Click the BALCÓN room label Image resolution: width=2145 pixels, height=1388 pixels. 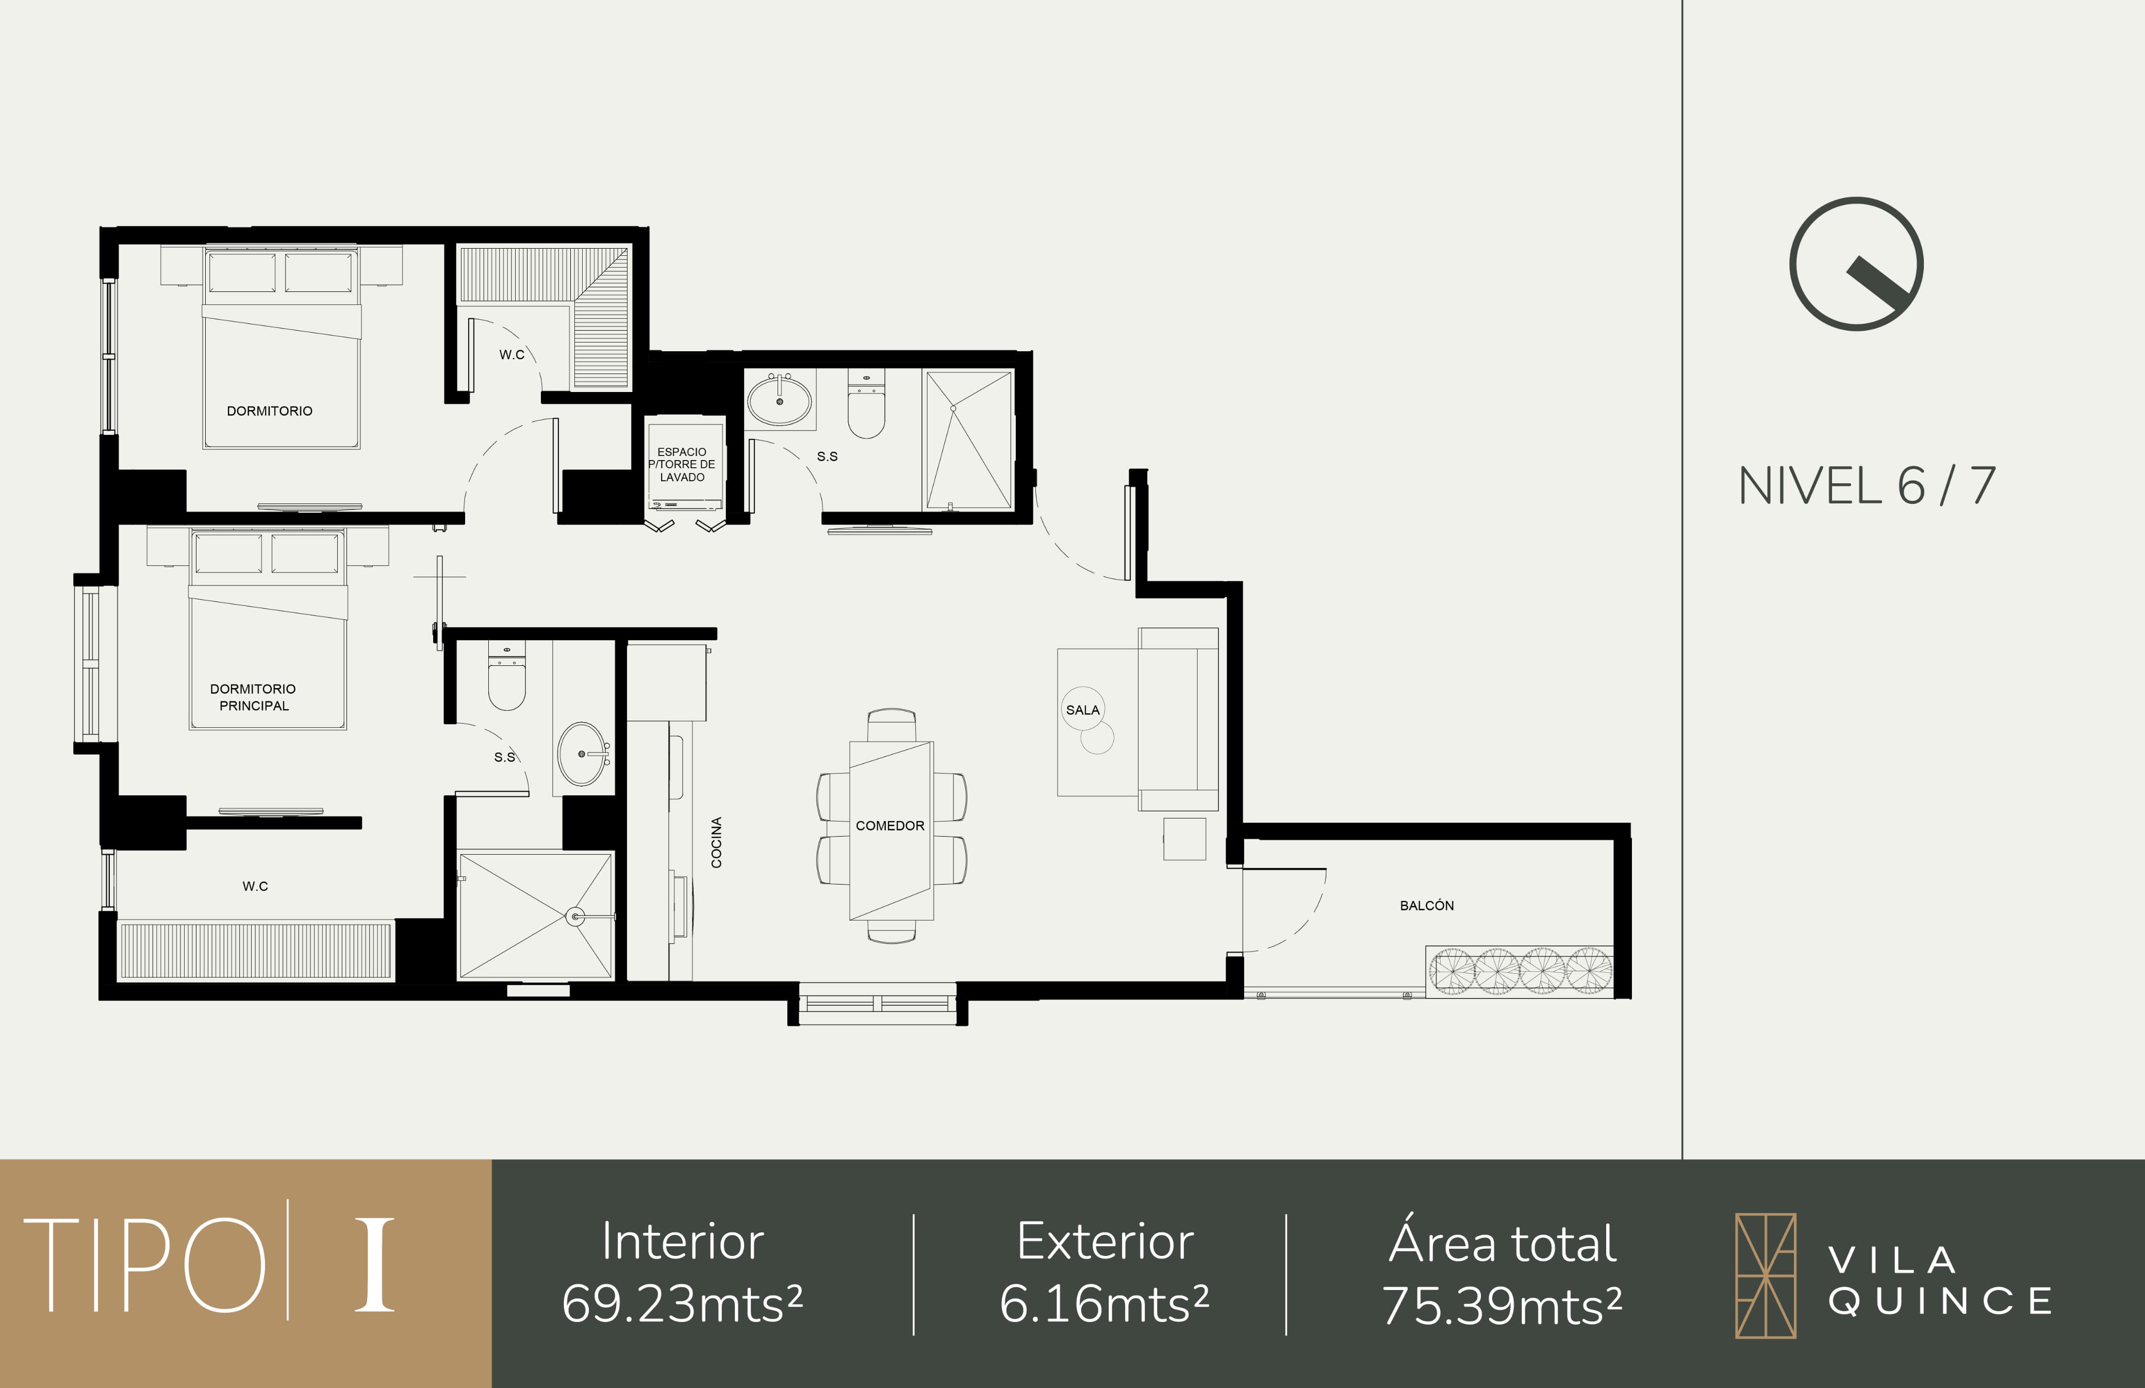click(x=1426, y=905)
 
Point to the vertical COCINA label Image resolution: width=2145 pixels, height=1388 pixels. click(x=716, y=843)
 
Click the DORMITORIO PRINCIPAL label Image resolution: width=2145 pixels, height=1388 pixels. click(x=253, y=697)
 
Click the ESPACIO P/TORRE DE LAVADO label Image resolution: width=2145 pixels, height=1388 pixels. click(x=682, y=464)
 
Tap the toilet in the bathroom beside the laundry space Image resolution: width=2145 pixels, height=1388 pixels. click(x=866, y=405)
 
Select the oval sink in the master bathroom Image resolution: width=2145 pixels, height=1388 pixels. click(x=583, y=754)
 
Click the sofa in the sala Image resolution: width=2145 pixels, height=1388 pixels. click(x=1178, y=719)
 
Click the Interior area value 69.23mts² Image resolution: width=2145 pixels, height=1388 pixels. click(x=682, y=1304)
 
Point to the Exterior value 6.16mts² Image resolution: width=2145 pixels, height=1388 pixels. click(x=1104, y=1304)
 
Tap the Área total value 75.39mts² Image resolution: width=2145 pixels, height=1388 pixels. click(x=1503, y=1305)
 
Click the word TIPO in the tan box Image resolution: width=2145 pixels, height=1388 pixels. click(x=144, y=1265)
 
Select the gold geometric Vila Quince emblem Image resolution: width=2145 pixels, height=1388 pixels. click(x=1765, y=1276)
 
